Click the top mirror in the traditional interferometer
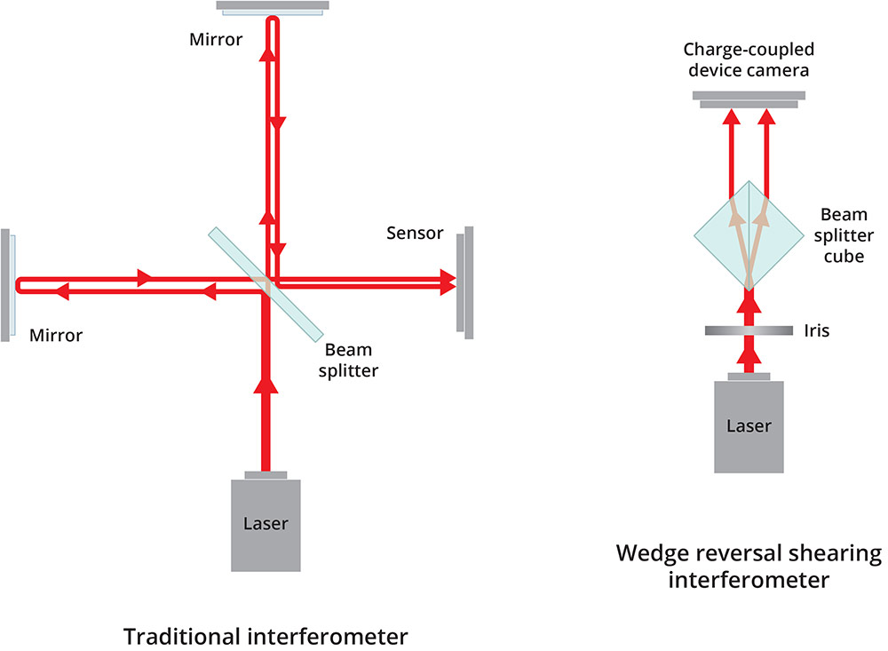click(274, 7)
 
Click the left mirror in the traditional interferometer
click(7, 284)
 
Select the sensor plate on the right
click(464, 282)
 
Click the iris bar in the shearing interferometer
click(749, 330)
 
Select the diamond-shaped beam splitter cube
click(749, 234)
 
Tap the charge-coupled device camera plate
click(749, 99)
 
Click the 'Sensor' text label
click(416, 234)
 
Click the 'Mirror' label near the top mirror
click(215, 39)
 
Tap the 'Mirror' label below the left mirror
click(55, 335)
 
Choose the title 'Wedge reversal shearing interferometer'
click(749, 567)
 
